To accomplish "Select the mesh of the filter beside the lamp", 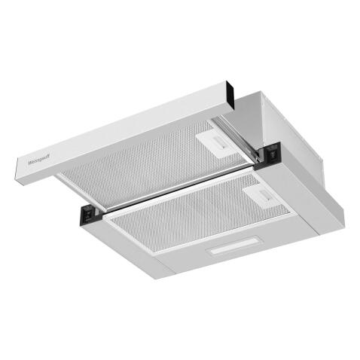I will point(188,218).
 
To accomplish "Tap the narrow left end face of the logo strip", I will point(17,170).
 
